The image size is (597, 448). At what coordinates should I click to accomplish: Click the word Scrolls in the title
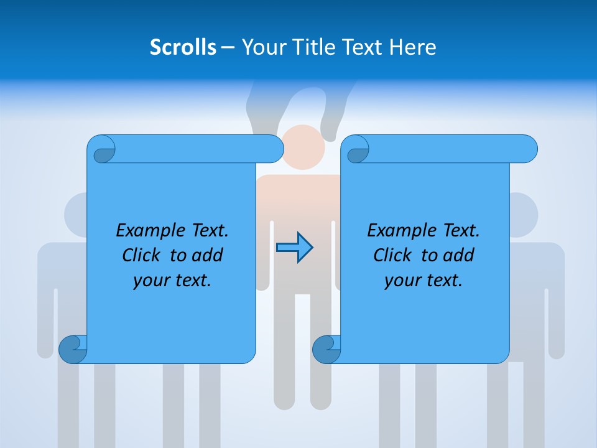point(183,47)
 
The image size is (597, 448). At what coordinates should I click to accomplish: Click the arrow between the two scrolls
point(295,248)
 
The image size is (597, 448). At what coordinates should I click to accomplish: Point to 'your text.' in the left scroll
point(172,281)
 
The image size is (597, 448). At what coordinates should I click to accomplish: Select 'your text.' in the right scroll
point(423,281)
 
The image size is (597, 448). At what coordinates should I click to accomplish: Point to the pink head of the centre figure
point(303,146)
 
